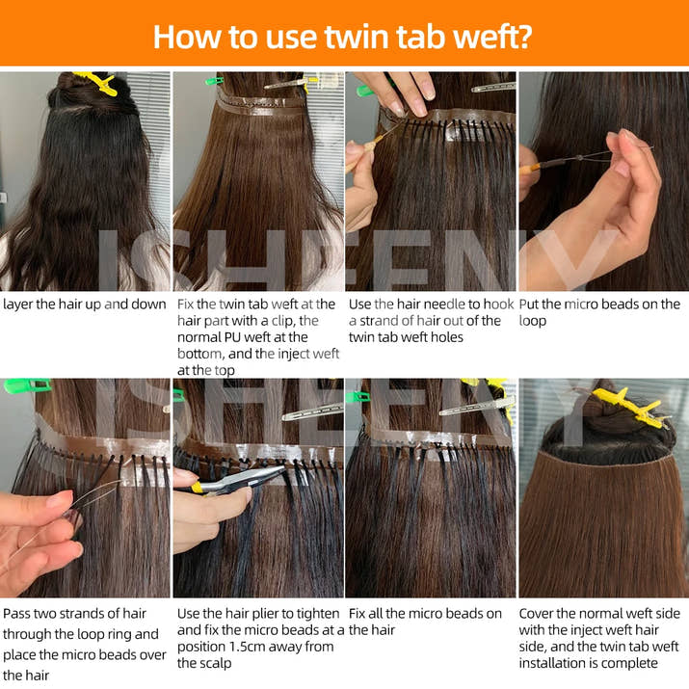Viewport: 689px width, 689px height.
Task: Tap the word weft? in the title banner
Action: tap(489, 36)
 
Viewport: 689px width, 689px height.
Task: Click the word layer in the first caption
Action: tap(20, 305)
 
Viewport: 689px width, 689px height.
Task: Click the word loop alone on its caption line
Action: tap(534, 321)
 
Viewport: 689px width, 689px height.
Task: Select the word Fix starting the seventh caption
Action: tap(358, 614)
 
